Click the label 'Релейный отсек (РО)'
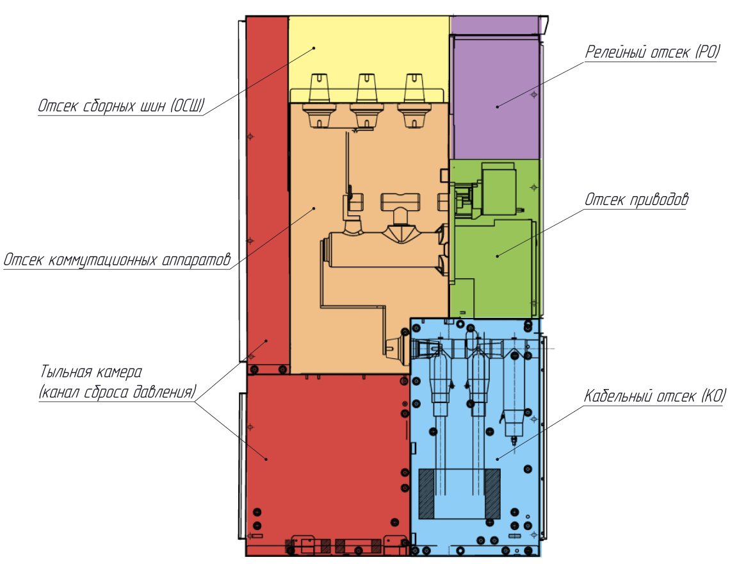click(x=653, y=52)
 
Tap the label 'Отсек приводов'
click(x=637, y=199)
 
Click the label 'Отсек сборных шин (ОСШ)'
click(x=121, y=106)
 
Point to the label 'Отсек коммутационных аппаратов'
click(x=117, y=260)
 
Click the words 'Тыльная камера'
click(x=91, y=372)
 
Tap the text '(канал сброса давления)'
click(x=117, y=392)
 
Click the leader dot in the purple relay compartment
click(x=497, y=107)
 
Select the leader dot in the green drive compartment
click(x=497, y=256)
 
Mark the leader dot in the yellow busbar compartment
click(x=314, y=48)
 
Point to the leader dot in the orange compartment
click(x=314, y=208)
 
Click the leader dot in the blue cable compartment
click(x=497, y=459)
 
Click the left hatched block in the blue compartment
click(x=426, y=493)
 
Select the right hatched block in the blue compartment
click(x=492, y=493)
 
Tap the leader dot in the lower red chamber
click(x=266, y=459)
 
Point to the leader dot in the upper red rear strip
click(x=266, y=341)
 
